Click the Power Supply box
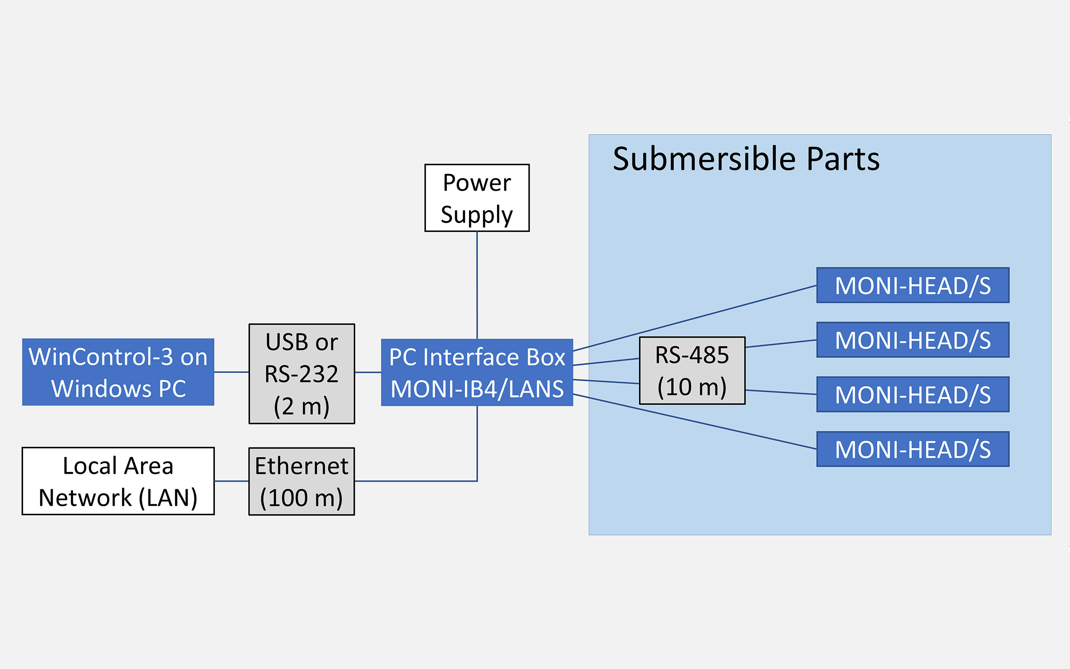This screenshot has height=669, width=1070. coord(476,198)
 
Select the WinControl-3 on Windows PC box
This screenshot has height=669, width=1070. coord(118,372)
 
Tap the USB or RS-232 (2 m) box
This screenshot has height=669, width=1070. coord(301,374)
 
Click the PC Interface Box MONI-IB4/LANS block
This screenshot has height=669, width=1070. coord(476,372)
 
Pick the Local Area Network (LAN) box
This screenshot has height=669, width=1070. coord(118,481)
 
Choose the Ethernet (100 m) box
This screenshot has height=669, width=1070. coord(301,481)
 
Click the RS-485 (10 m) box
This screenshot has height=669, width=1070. coord(692,370)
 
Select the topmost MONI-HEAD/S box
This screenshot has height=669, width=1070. coord(912,286)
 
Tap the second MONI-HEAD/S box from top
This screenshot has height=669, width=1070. coord(912,340)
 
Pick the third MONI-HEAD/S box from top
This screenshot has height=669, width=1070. coord(912,395)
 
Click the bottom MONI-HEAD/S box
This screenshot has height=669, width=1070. coord(912,449)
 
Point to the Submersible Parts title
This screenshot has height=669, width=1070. coord(746,159)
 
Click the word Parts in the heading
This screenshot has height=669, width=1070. coord(843,159)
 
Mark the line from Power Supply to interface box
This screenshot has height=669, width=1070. coord(476,286)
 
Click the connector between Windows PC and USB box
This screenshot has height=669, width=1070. coord(231,372)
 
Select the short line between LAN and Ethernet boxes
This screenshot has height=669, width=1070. coord(231,481)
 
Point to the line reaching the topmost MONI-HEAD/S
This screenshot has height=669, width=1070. coord(694,318)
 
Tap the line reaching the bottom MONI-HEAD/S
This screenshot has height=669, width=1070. coord(694,421)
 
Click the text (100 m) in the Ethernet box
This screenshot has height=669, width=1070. coord(301,498)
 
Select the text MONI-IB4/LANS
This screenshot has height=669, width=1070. coord(476,389)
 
